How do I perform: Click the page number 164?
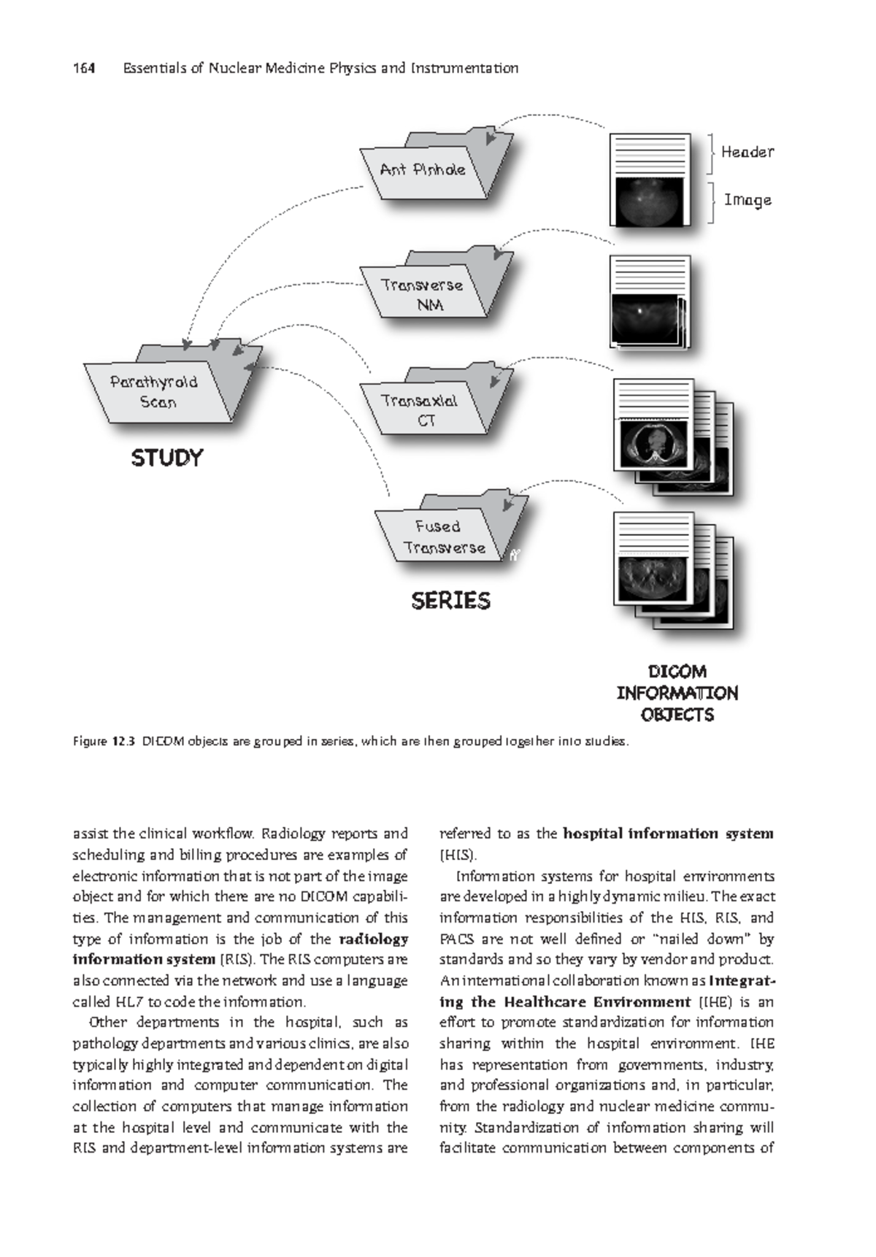(84, 69)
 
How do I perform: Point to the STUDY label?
(166, 458)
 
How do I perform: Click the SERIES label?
(450, 601)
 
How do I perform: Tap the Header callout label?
(747, 152)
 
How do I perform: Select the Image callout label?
(748, 200)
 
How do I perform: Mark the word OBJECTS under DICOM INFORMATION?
(677, 715)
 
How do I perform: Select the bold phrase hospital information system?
(668, 834)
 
